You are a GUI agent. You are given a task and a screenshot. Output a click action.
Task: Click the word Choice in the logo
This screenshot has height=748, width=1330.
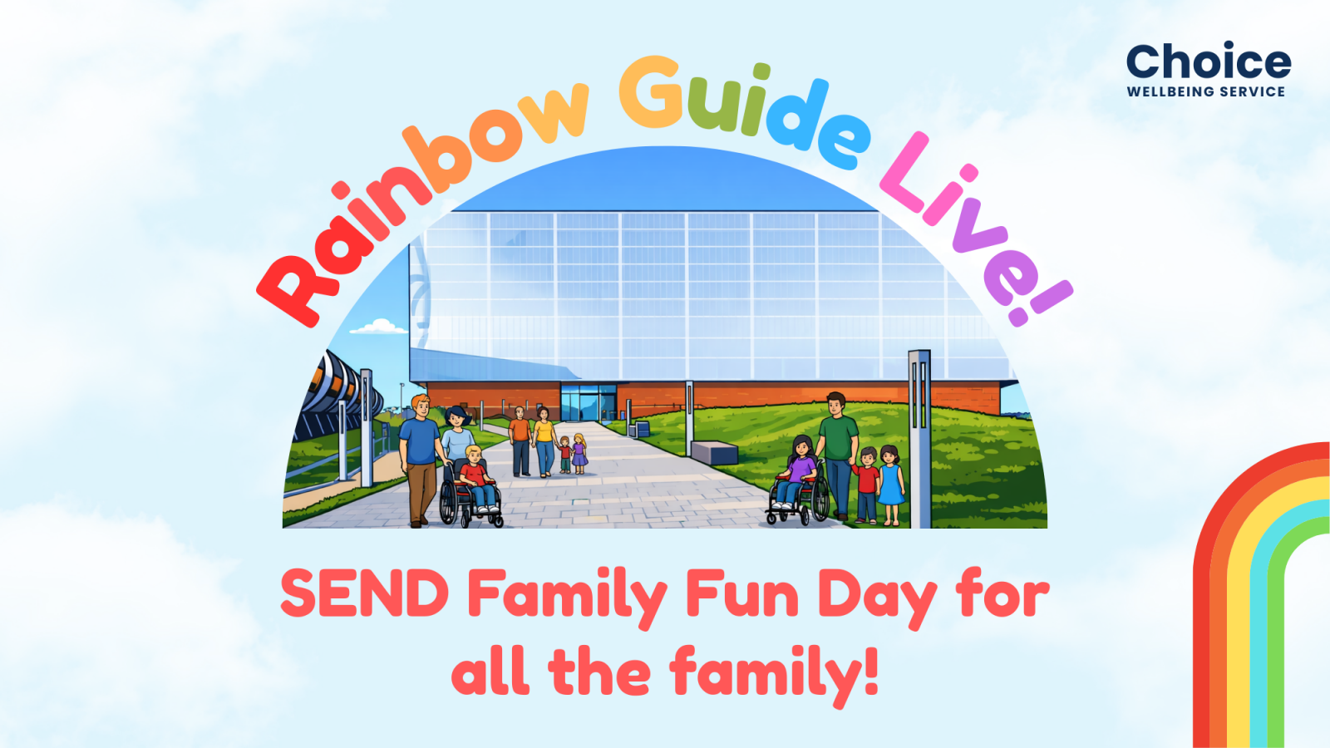1209,62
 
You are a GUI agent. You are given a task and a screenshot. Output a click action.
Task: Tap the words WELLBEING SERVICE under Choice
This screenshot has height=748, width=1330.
1206,91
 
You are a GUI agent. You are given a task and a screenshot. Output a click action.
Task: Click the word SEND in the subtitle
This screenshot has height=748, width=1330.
364,593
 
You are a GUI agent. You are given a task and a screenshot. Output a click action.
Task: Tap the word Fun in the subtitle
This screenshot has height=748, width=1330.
742,593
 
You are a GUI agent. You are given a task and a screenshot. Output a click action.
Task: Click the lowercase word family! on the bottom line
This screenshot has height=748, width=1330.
774,675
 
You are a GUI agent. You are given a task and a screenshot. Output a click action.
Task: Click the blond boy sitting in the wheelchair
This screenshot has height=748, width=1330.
477,478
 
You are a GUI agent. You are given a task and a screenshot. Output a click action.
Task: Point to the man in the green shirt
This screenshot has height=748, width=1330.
838,454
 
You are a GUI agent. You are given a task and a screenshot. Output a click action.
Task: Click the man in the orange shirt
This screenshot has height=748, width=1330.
520,440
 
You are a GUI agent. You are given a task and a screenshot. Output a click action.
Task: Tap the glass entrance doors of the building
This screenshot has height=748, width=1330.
589,402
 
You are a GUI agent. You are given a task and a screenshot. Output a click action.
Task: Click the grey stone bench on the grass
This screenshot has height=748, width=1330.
714,452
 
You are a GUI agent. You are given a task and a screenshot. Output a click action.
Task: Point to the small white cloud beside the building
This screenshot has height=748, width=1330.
379,327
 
